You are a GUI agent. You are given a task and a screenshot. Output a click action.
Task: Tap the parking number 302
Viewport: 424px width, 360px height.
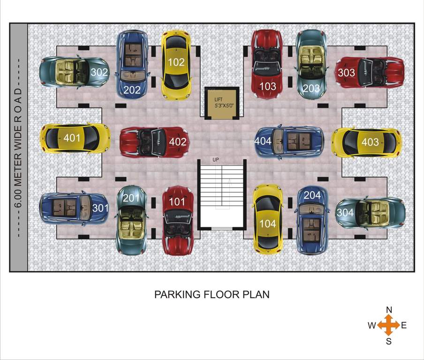coord(99,72)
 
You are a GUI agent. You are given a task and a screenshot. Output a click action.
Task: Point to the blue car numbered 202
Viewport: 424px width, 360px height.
coord(132,63)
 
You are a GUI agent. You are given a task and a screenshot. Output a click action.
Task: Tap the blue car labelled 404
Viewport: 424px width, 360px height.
coord(289,141)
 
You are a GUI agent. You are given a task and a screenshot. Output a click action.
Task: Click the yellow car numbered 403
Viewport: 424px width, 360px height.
coord(367,142)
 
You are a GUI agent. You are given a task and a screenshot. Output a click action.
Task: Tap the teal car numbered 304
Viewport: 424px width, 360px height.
coord(371,212)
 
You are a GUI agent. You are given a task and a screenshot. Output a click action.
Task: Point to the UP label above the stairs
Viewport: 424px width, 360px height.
coord(216,160)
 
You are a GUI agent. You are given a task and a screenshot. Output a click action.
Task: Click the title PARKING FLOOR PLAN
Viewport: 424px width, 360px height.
coord(212,295)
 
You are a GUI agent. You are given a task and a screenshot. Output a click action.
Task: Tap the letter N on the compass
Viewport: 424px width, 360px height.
coord(389,310)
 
